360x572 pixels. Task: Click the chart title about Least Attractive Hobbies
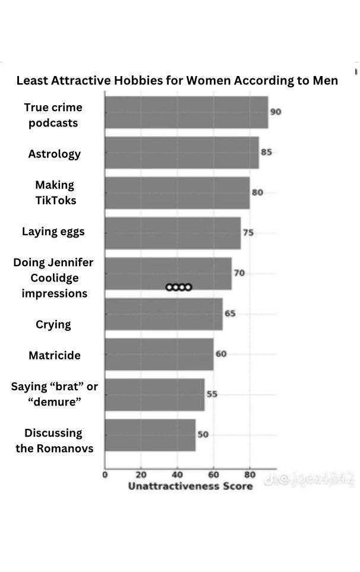[177, 80]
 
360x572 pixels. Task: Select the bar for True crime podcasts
[187, 112]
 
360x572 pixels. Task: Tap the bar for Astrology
[182, 153]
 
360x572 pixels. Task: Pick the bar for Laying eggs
[173, 233]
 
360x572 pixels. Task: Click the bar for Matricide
[159, 354]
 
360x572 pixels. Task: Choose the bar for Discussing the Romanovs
[150, 435]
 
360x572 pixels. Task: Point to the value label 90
[276, 112]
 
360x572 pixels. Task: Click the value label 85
[266, 152]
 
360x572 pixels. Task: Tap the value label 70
[239, 273]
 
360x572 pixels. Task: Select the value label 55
[212, 394]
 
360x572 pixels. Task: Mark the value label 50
[203, 434]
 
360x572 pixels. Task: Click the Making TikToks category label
[55, 192]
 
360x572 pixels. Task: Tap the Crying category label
[53, 324]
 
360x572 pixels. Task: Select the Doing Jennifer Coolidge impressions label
[53, 278]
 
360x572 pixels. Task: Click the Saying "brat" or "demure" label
[55, 394]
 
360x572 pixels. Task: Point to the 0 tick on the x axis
[105, 475]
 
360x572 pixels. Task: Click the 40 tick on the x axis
[177, 475]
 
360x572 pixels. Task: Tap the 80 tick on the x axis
[250, 475]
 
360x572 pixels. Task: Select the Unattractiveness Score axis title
[191, 486]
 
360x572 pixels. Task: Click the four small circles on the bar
[179, 287]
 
